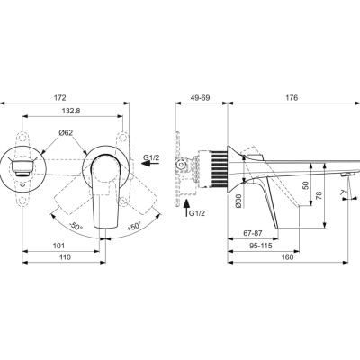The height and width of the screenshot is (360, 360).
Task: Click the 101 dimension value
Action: (x=58, y=244)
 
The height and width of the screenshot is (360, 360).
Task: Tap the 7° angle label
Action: (x=343, y=192)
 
